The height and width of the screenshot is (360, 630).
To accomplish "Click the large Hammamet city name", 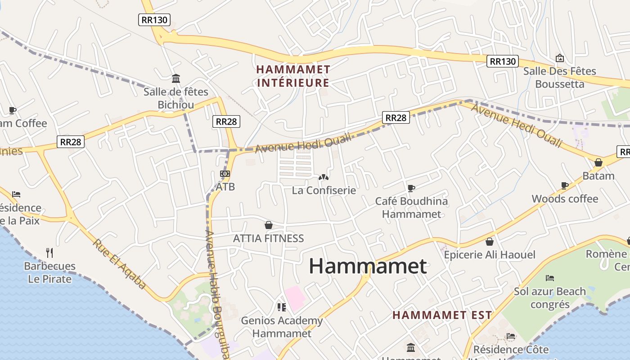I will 368,266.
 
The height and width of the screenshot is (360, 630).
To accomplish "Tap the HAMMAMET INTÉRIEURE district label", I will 293,76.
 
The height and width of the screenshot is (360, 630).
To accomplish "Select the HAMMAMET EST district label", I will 442,315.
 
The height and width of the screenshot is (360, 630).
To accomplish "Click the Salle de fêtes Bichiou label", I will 176,98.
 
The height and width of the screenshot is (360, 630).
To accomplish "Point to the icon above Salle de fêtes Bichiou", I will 176,79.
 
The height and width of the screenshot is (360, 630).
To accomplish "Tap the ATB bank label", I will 225,186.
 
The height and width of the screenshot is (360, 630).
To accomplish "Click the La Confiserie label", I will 324,190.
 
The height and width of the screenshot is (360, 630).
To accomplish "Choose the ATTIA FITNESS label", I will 268,238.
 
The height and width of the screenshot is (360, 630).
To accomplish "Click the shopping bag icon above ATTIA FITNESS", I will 269,225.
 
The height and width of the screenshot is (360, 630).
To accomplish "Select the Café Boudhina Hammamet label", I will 411,207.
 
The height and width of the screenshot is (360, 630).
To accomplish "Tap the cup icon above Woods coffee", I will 565,185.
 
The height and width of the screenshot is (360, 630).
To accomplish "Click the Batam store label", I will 598,176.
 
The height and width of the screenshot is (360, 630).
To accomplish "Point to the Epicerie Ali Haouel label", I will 490,255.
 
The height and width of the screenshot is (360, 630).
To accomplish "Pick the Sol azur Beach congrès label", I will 550,298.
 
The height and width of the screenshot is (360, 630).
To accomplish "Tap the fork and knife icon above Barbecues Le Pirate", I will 49,252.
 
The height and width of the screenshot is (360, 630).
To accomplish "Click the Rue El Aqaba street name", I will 120,264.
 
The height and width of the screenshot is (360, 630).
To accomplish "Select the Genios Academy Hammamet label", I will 282,327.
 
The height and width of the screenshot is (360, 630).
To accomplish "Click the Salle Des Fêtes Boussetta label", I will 559,77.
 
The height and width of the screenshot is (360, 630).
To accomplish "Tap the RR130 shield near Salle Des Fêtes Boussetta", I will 502,61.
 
